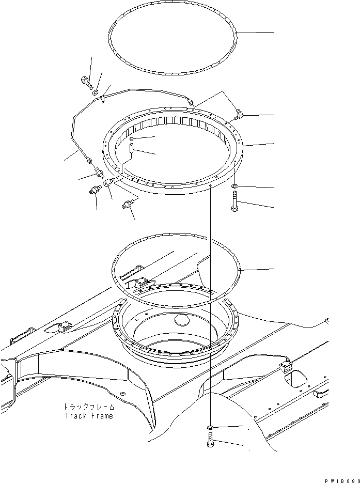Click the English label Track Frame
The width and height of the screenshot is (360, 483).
[88, 416]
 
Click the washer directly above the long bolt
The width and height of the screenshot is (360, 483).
[234, 185]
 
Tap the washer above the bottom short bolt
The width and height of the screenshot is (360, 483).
[210, 428]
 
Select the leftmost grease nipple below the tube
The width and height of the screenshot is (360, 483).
[95, 191]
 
